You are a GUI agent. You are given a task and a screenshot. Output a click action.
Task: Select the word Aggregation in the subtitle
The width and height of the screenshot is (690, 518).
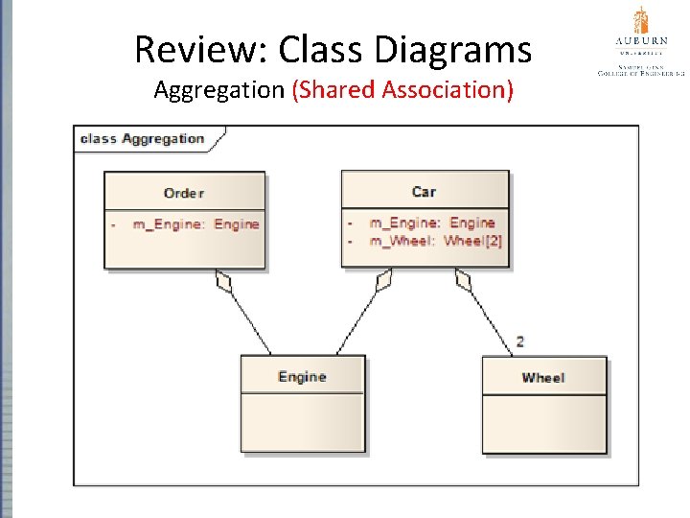219,90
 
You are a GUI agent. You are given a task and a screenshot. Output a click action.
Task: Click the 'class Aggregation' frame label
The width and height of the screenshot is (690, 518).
143,138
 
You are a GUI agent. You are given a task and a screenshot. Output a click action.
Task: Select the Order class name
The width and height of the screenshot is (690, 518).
183,193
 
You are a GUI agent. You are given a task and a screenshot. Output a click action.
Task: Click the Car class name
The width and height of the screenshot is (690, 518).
424,192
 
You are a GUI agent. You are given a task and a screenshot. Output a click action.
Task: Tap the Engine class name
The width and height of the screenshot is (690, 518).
302,377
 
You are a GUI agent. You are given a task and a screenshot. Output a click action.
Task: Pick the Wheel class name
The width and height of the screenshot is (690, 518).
542,378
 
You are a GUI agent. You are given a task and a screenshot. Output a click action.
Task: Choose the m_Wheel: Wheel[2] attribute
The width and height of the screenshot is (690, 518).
435,241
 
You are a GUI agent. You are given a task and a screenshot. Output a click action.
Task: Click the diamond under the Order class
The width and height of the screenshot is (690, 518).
224,281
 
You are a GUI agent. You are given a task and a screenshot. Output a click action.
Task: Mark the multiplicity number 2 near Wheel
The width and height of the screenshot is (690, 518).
520,341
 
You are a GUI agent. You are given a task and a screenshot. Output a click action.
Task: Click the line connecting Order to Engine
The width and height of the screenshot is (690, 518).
251,322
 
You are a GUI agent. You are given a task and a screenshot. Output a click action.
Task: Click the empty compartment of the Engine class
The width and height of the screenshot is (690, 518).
302,422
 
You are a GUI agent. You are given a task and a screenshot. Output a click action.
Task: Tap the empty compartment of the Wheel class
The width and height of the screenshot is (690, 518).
543,423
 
